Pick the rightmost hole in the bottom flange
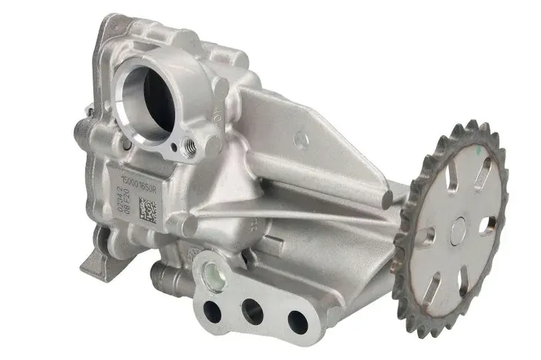point(297,320)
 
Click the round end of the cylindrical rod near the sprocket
point(386,199)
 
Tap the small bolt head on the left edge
point(90,112)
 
